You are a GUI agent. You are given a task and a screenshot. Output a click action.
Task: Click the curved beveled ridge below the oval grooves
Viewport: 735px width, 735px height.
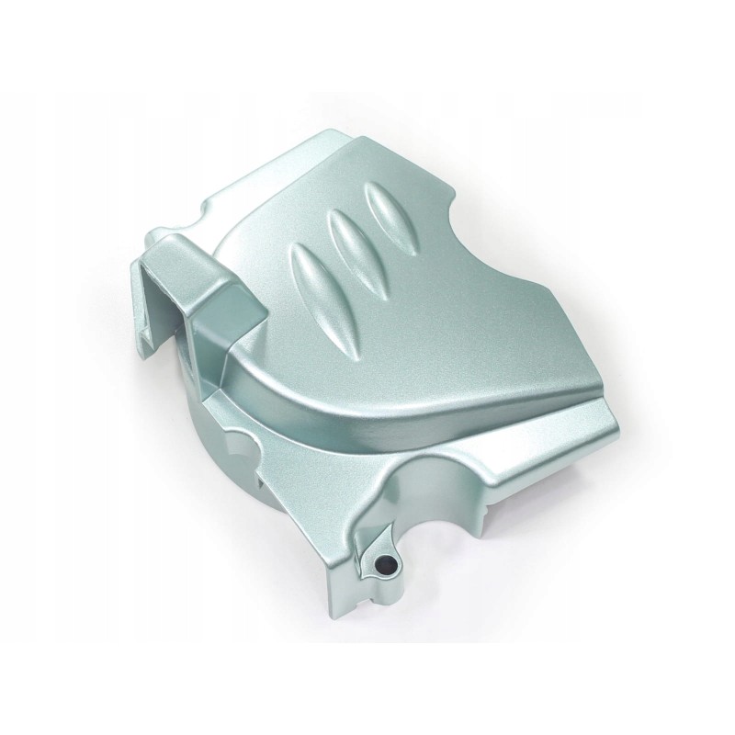click(303, 367)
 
